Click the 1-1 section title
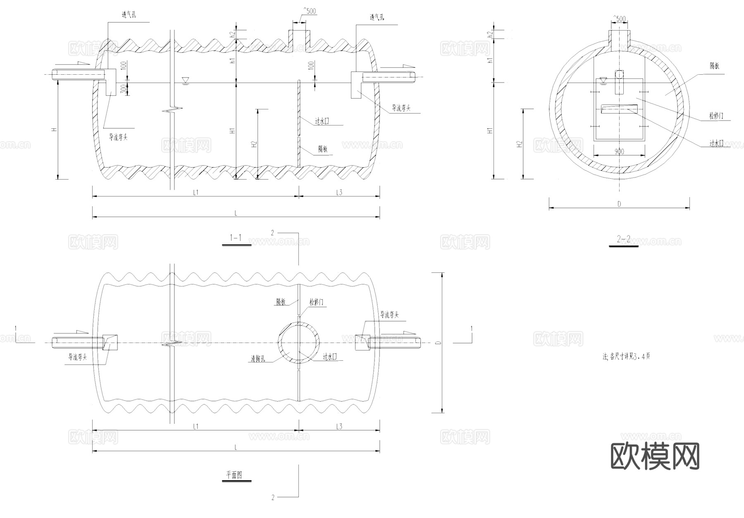(236, 238)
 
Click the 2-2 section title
(623, 239)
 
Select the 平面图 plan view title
(234, 475)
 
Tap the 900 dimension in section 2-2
(619, 151)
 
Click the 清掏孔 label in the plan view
(258, 359)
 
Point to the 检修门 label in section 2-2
(715, 116)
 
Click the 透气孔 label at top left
(129, 15)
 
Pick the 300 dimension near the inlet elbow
(123, 90)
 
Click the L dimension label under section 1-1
(236, 213)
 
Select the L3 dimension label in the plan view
(339, 426)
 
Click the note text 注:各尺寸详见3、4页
(626, 356)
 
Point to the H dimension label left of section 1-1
(53, 130)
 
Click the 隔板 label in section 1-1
(323, 149)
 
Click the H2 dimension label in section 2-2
(520, 144)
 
